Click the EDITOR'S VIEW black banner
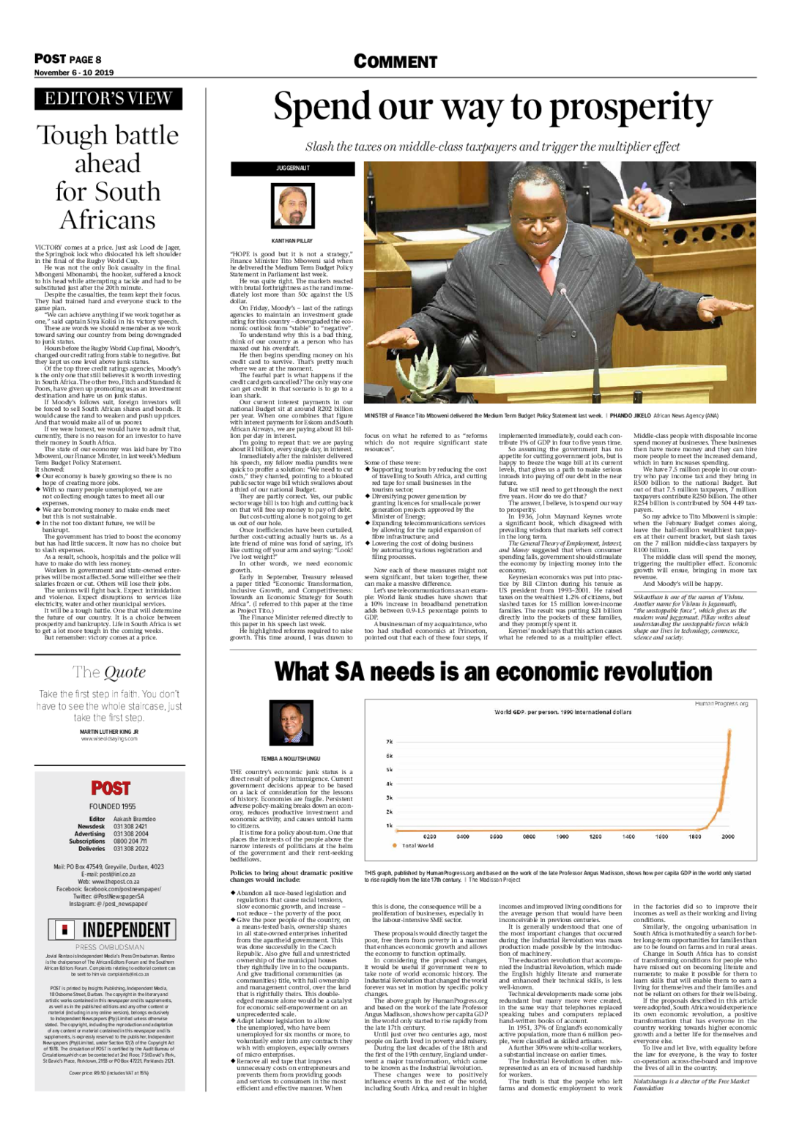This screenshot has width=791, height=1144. [x=108, y=99]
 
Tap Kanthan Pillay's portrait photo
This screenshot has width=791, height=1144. [x=292, y=207]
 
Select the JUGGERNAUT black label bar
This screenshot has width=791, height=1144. [x=292, y=168]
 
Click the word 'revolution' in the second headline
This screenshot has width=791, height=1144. [x=630, y=672]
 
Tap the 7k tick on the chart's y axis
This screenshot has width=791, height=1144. [x=390, y=742]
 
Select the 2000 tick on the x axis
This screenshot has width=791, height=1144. [x=727, y=836]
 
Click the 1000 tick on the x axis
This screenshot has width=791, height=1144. [x=562, y=836]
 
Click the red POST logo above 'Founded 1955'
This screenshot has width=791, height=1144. [x=111, y=788]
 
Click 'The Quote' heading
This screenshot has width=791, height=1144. [x=109, y=672]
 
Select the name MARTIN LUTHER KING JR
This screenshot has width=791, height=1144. [x=109, y=732]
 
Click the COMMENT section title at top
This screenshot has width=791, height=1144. [x=395, y=62]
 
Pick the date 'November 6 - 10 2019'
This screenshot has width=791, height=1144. [x=74, y=73]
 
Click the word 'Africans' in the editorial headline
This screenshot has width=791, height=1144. [x=108, y=220]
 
